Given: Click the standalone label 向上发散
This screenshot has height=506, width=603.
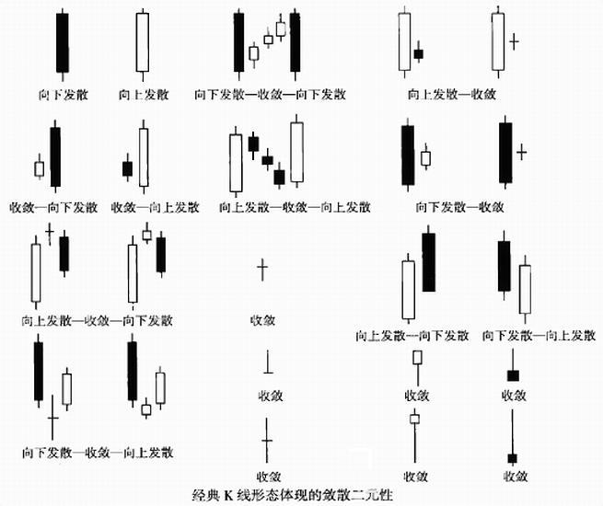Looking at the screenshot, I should pyautogui.click(x=144, y=95).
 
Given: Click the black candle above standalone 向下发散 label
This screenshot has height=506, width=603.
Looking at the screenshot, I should pyautogui.click(x=62, y=42).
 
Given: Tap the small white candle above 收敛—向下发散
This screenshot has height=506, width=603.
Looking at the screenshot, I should pyautogui.click(x=39, y=169).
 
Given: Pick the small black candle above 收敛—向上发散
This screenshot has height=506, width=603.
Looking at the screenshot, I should pyautogui.click(x=127, y=168).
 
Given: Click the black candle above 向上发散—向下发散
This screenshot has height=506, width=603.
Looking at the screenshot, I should pyautogui.click(x=428, y=262).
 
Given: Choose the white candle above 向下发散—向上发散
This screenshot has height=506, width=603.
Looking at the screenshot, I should pyautogui.click(x=525, y=289).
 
